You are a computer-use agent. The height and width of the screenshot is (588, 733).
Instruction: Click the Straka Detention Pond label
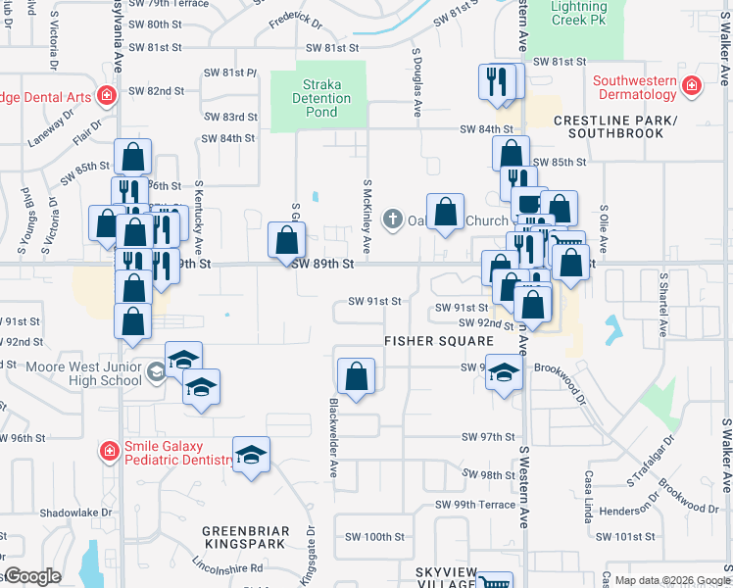point(321,98)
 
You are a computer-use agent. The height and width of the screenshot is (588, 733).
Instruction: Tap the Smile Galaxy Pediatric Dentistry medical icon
point(110,451)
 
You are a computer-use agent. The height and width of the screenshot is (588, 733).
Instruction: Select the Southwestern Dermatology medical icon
point(692,86)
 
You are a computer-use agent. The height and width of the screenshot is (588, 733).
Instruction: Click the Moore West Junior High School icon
point(155,372)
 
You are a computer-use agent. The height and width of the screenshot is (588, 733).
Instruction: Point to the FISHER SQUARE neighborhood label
point(438,341)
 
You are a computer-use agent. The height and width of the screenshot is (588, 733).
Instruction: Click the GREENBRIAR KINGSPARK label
point(245,540)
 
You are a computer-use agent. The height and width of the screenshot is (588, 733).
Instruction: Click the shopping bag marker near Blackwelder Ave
point(356,376)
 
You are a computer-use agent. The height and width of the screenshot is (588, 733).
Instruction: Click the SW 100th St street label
point(375,537)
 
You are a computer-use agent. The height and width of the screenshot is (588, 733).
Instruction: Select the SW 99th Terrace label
point(475,504)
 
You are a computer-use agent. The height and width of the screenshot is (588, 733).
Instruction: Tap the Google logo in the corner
point(31,576)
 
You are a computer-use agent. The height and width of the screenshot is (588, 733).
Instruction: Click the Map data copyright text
point(671,581)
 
